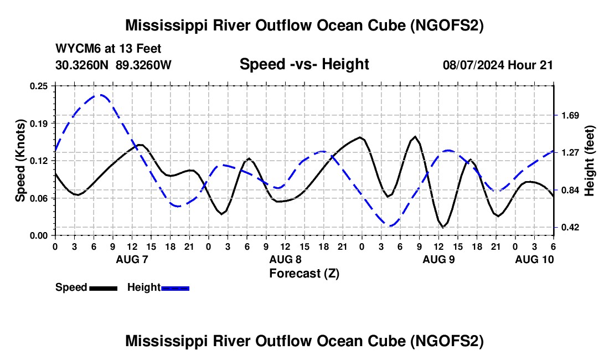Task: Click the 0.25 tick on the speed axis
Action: tap(39, 86)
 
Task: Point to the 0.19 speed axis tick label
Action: tap(39, 124)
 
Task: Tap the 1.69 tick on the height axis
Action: tap(570, 115)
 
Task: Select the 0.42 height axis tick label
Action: tap(570, 227)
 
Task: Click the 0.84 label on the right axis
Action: tap(570, 191)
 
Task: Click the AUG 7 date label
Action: tap(132, 259)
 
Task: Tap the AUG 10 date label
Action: tap(534, 259)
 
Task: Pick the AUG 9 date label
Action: tap(438, 259)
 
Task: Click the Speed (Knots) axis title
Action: tap(20, 161)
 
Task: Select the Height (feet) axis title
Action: tap(589, 161)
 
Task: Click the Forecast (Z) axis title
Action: tap(304, 274)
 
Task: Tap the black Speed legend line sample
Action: tap(104, 288)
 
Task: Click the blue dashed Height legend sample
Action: tap(175, 288)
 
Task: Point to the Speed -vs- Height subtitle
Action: tap(304, 64)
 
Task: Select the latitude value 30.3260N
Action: tap(82, 65)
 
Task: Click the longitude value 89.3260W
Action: tap(143, 65)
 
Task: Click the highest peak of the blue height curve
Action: tap(100, 95)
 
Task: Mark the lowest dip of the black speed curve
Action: tap(442, 227)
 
